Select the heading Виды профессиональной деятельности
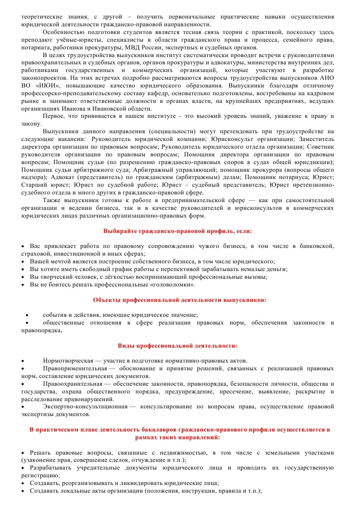177,345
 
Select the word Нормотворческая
68,360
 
